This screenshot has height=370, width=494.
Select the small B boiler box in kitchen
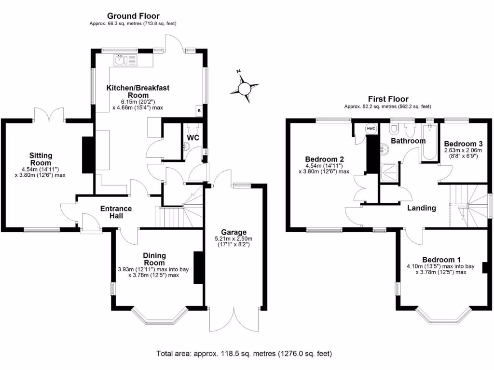coord(199,110)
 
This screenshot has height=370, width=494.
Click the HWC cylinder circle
coord(371,129)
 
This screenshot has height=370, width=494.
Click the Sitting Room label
coord(41,159)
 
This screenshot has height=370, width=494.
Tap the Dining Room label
coord(154,259)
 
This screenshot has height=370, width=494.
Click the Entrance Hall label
coord(115,212)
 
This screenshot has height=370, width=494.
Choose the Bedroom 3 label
coord(463,144)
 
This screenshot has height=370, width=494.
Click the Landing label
coord(421,208)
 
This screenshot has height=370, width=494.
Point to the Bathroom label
coord(408,141)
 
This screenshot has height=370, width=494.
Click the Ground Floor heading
coord(133,16)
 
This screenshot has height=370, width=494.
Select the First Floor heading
coord(387,99)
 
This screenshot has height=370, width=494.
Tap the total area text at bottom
coord(244,354)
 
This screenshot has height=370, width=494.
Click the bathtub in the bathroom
coord(428,143)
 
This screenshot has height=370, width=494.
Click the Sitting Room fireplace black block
coord(88,155)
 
